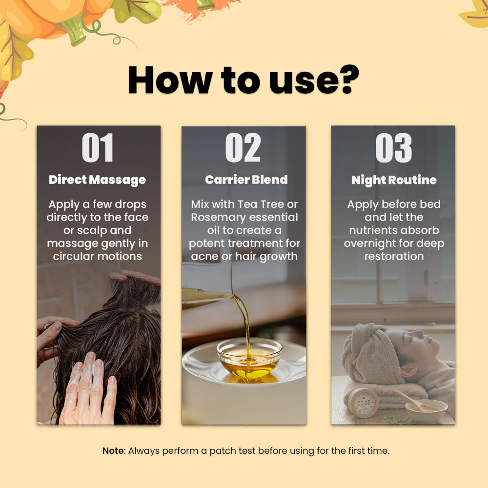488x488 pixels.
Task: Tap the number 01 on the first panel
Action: pyautogui.click(x=98, y=147)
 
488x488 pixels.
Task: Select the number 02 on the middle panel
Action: pyautogui.click(x=243, y=147)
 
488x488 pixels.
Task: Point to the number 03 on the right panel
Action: pyautogui.click(x=394, y=148)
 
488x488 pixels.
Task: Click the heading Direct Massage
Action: pyautogui.click(x=98, y=180)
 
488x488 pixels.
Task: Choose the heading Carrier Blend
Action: pyautogui.click(x=246, y=180)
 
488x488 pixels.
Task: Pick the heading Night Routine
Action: pyautogui.click(x=394, y=180)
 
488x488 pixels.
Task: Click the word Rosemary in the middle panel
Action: pyautogui.click(x=219, y=218)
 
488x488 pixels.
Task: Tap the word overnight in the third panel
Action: pyautogui.click(x=369, y=244)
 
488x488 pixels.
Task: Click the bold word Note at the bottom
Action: pyautogui.click(x=113, y=450)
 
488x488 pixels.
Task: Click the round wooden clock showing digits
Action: pyautogui.click(x=363, y=403)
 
